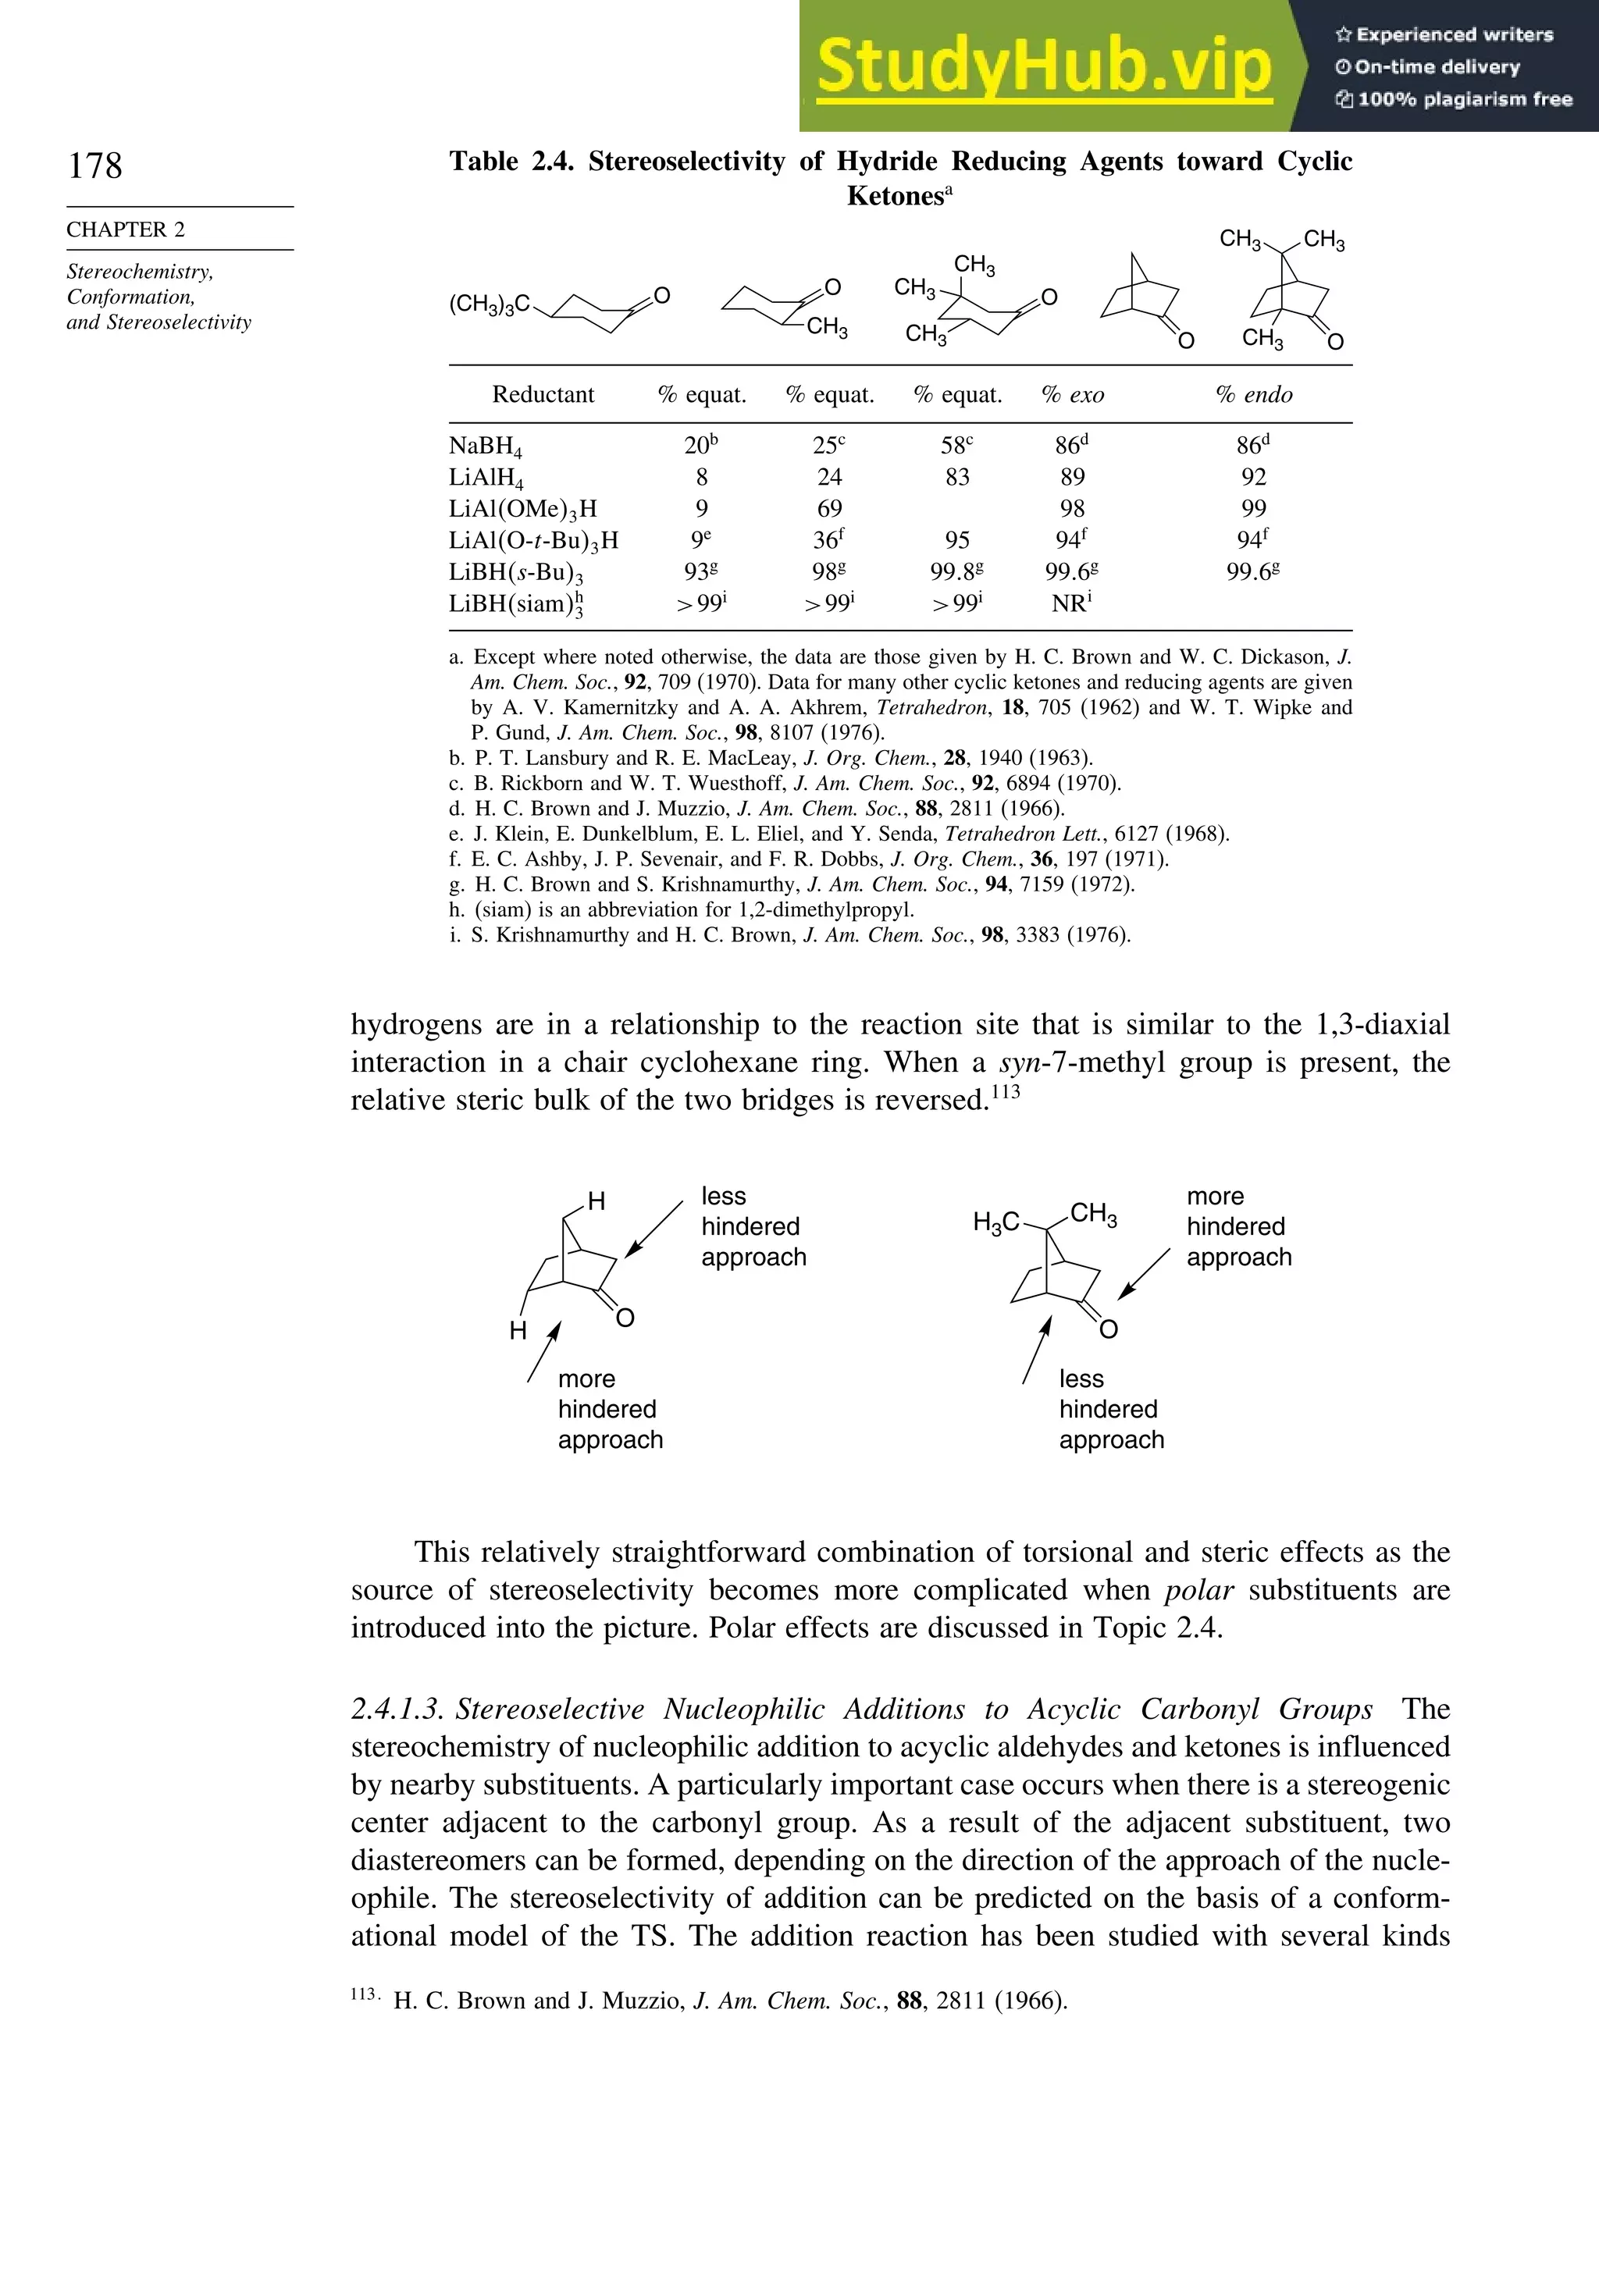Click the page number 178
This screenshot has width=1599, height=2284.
[x=95, y=165]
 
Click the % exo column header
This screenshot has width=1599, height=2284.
[x=1073, y=395]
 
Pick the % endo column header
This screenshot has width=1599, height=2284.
[x=1254, y=395]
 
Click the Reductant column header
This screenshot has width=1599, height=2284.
[x=543, y=395]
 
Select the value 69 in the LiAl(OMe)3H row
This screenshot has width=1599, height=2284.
[x=829, y=508]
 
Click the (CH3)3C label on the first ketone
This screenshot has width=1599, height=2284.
[x=490, y=304]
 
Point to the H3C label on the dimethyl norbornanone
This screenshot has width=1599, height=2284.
[x=996, y=1222]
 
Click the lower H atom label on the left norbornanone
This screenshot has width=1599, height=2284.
[x=518, y=1330]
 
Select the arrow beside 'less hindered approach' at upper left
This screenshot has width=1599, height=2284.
[x=653, y=1229]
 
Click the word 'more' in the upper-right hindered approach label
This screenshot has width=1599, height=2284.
[x=1215, y=1196]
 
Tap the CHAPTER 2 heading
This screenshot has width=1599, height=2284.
[x=126, y=229]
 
